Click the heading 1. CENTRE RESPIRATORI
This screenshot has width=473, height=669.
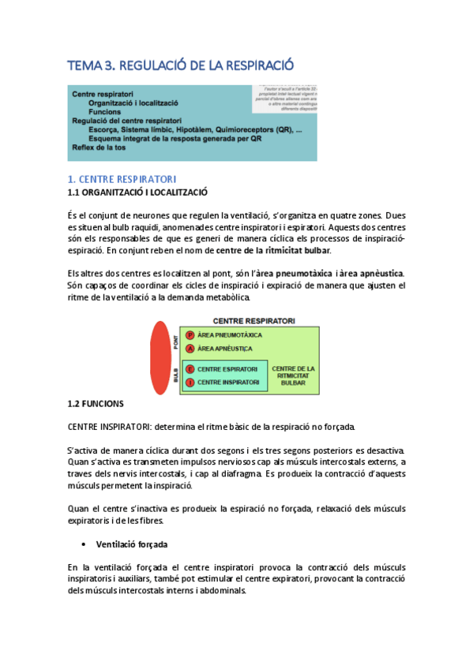(x=122, y=179)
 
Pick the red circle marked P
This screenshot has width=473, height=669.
(x=190, y=334)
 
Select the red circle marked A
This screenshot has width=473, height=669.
(x=190, y=348)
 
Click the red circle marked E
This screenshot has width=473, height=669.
(x=190, y=368)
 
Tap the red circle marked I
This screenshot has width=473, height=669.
(x=190, y=382)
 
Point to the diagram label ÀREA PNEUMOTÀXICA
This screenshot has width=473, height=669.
(x=231, y=334)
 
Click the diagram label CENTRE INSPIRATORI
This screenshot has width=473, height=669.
(x=228, y=382)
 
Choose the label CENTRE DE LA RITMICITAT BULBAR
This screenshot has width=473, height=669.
(x=293, y=376)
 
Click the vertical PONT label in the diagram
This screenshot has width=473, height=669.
(x=175, y=341)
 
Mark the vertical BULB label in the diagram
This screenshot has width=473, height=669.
(x=175, y=376)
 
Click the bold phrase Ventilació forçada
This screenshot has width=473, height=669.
(x=131, y=545)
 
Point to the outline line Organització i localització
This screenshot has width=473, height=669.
(x=133, y=103)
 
